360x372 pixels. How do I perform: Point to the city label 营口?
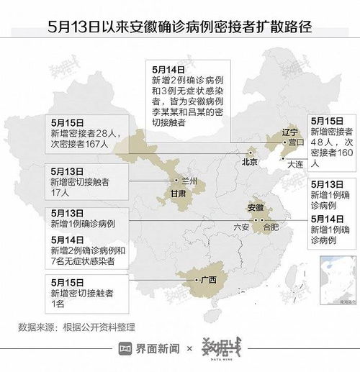[294, 143]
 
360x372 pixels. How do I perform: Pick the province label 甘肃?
[180, 196]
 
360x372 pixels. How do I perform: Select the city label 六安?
[240, 227]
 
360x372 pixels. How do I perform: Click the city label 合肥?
[270, 227]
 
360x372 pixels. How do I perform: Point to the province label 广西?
[209, 281]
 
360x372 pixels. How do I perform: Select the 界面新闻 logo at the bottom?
[150, 349]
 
